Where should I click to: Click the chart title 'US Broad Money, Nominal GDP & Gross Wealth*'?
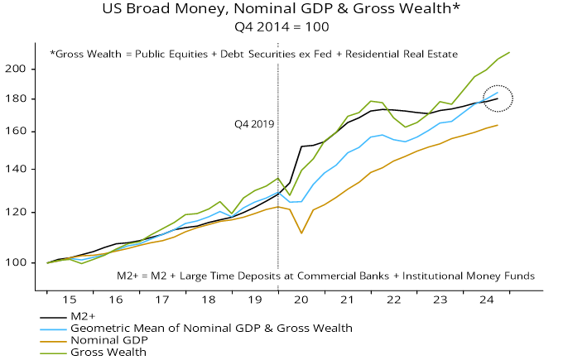(281, 10)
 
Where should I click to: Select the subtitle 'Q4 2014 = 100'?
(281, 26)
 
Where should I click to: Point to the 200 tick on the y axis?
(21, 69)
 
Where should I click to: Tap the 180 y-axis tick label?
(21, 99)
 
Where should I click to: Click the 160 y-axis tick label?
(21, 132)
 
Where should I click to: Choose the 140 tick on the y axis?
(21, 169)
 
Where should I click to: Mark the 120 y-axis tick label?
(21, 213)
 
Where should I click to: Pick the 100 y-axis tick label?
(21, 262)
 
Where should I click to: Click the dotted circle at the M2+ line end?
(498, 99)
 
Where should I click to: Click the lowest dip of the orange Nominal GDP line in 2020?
(302, 233)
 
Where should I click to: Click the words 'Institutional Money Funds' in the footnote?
(464, 276)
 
